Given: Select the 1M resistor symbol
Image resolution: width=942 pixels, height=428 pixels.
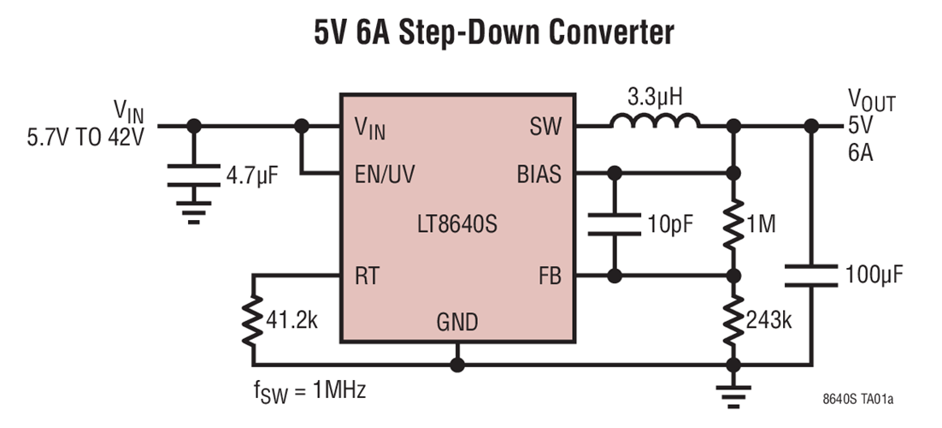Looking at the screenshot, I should pos(733,225).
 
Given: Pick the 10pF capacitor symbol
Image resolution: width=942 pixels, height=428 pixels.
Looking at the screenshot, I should pos(614,225).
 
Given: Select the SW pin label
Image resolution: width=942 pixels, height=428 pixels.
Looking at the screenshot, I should pos(545,127).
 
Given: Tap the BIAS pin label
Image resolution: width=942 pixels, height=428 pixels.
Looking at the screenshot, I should pos(539,175).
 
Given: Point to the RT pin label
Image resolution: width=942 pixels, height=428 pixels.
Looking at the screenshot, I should pos(368,276).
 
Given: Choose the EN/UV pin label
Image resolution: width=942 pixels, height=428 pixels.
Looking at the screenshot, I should pos(386,175).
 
